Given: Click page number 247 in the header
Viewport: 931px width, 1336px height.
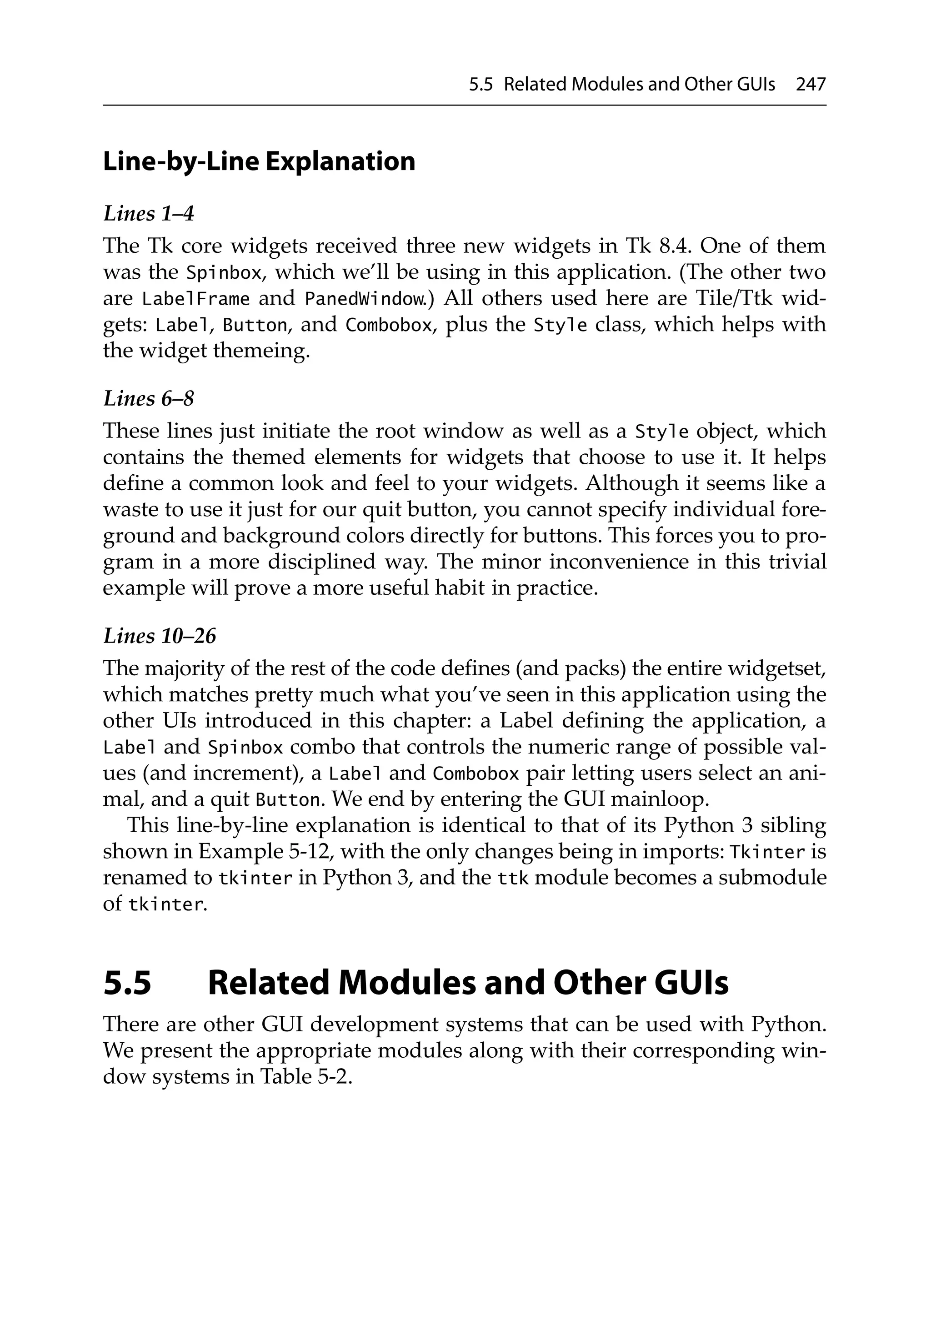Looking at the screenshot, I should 810,85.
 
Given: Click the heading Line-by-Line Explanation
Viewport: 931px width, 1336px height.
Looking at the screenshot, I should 259,162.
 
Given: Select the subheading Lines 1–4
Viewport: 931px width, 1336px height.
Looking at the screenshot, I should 148,214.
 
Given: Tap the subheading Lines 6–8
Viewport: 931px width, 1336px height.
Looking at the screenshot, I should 148,399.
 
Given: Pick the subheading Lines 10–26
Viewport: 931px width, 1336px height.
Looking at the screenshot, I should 159,636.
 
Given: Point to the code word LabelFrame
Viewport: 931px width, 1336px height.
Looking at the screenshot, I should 195,299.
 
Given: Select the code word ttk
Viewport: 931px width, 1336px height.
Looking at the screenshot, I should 513,878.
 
